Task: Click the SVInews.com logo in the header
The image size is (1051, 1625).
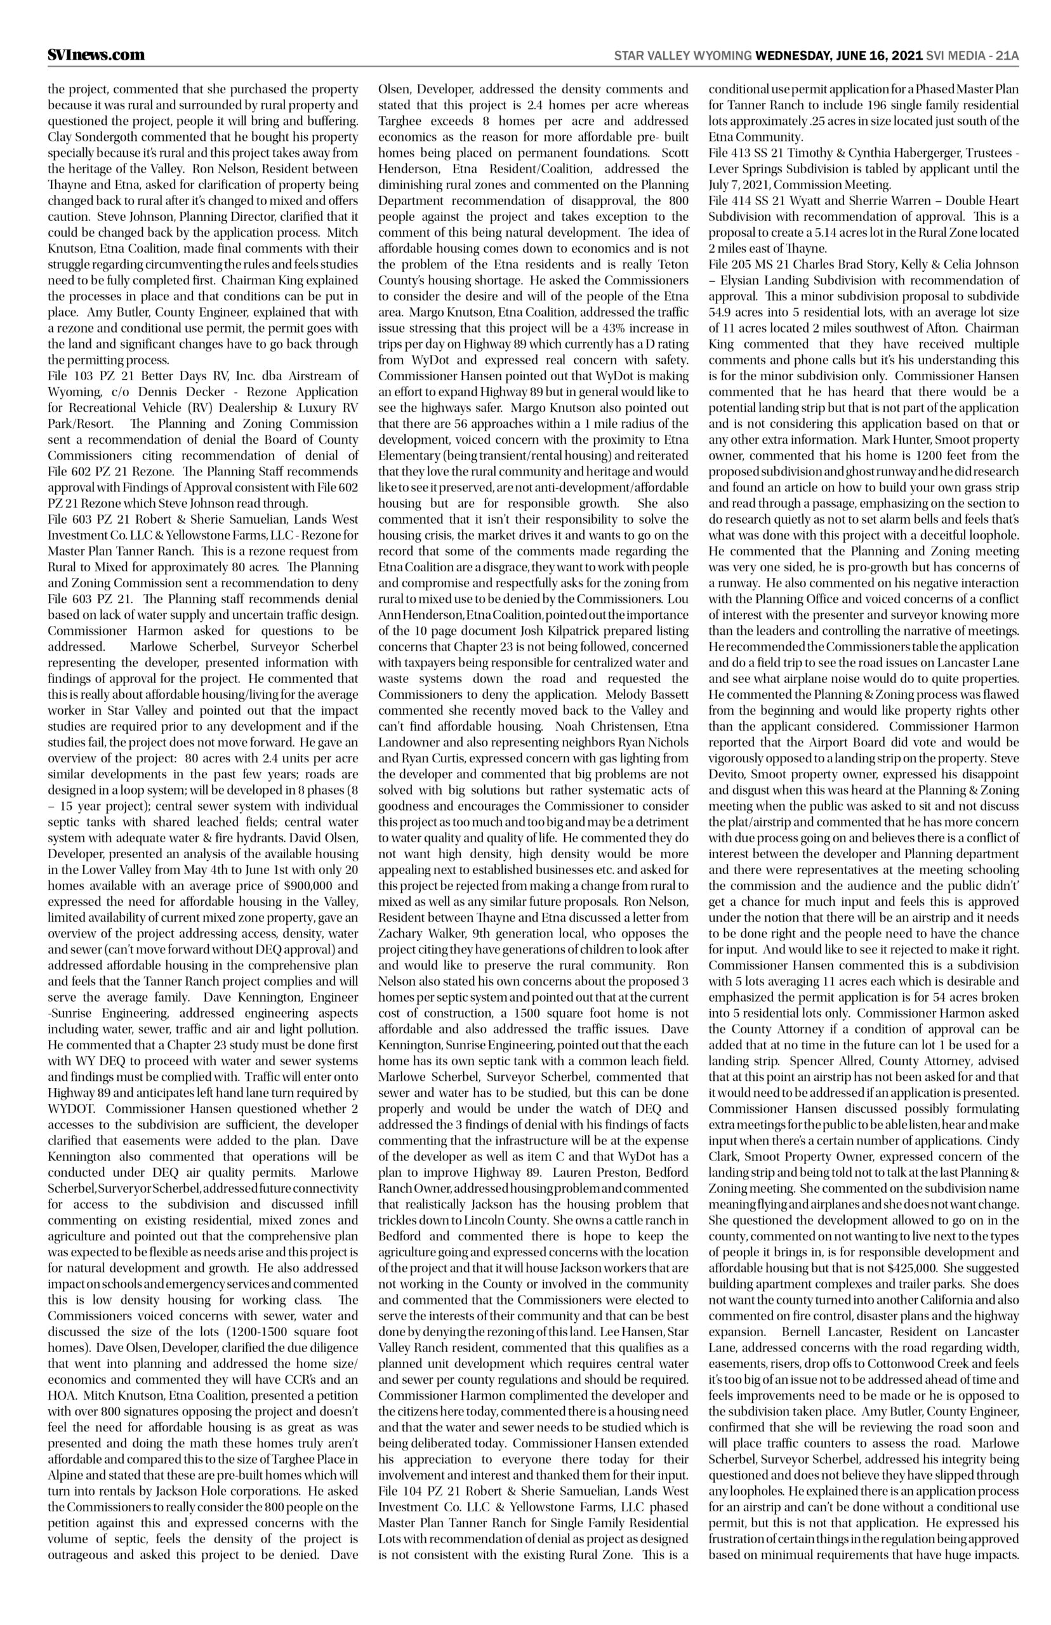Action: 96,55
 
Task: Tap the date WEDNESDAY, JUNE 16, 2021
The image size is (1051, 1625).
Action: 839,56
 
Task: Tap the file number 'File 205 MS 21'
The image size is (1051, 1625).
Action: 744,263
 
